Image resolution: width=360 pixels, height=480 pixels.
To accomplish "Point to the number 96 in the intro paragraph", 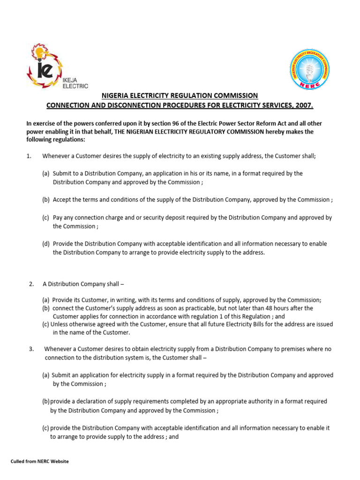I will click(x=158, y=123).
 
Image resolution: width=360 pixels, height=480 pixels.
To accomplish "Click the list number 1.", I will click(x=29, y=156).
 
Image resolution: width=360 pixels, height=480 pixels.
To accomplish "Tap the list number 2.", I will click(x=31, y=284).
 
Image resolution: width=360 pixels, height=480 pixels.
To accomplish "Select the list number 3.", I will click(x=31, y=349).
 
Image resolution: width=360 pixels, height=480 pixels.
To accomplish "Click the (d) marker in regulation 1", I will click(x=46, y=244).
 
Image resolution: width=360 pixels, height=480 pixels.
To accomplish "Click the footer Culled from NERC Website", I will click(x=39, y=461).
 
